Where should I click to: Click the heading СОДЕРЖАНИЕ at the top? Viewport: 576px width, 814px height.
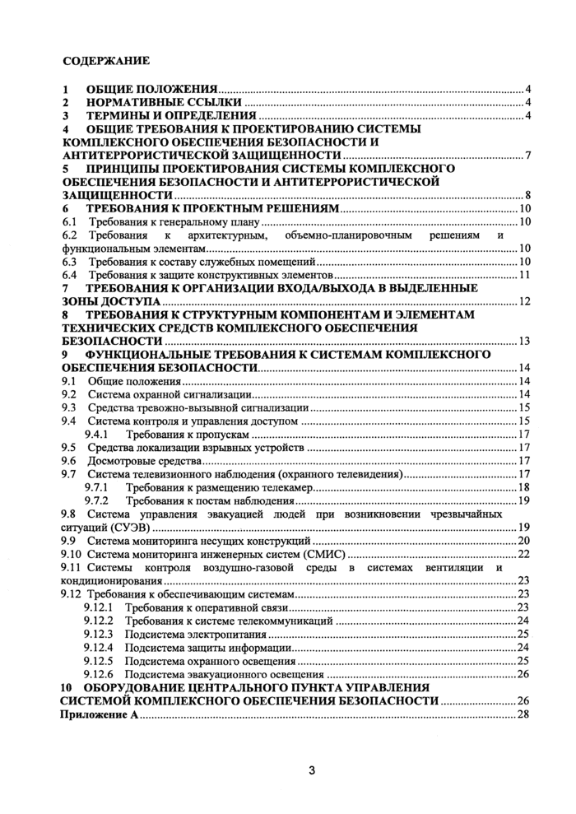click(x=106, y=60)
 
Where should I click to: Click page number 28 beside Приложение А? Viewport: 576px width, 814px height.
click(x=523, y=716)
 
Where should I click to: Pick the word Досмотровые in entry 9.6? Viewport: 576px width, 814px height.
click(x=120, y=461)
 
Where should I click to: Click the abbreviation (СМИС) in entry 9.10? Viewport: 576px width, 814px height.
click(x=315, y=554)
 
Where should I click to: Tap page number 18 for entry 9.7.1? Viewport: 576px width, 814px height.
click(x=523, y=487)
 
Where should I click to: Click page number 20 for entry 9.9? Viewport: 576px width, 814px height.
click(x=523, y=541)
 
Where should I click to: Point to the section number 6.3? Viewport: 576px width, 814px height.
click(x=71, y=261)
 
